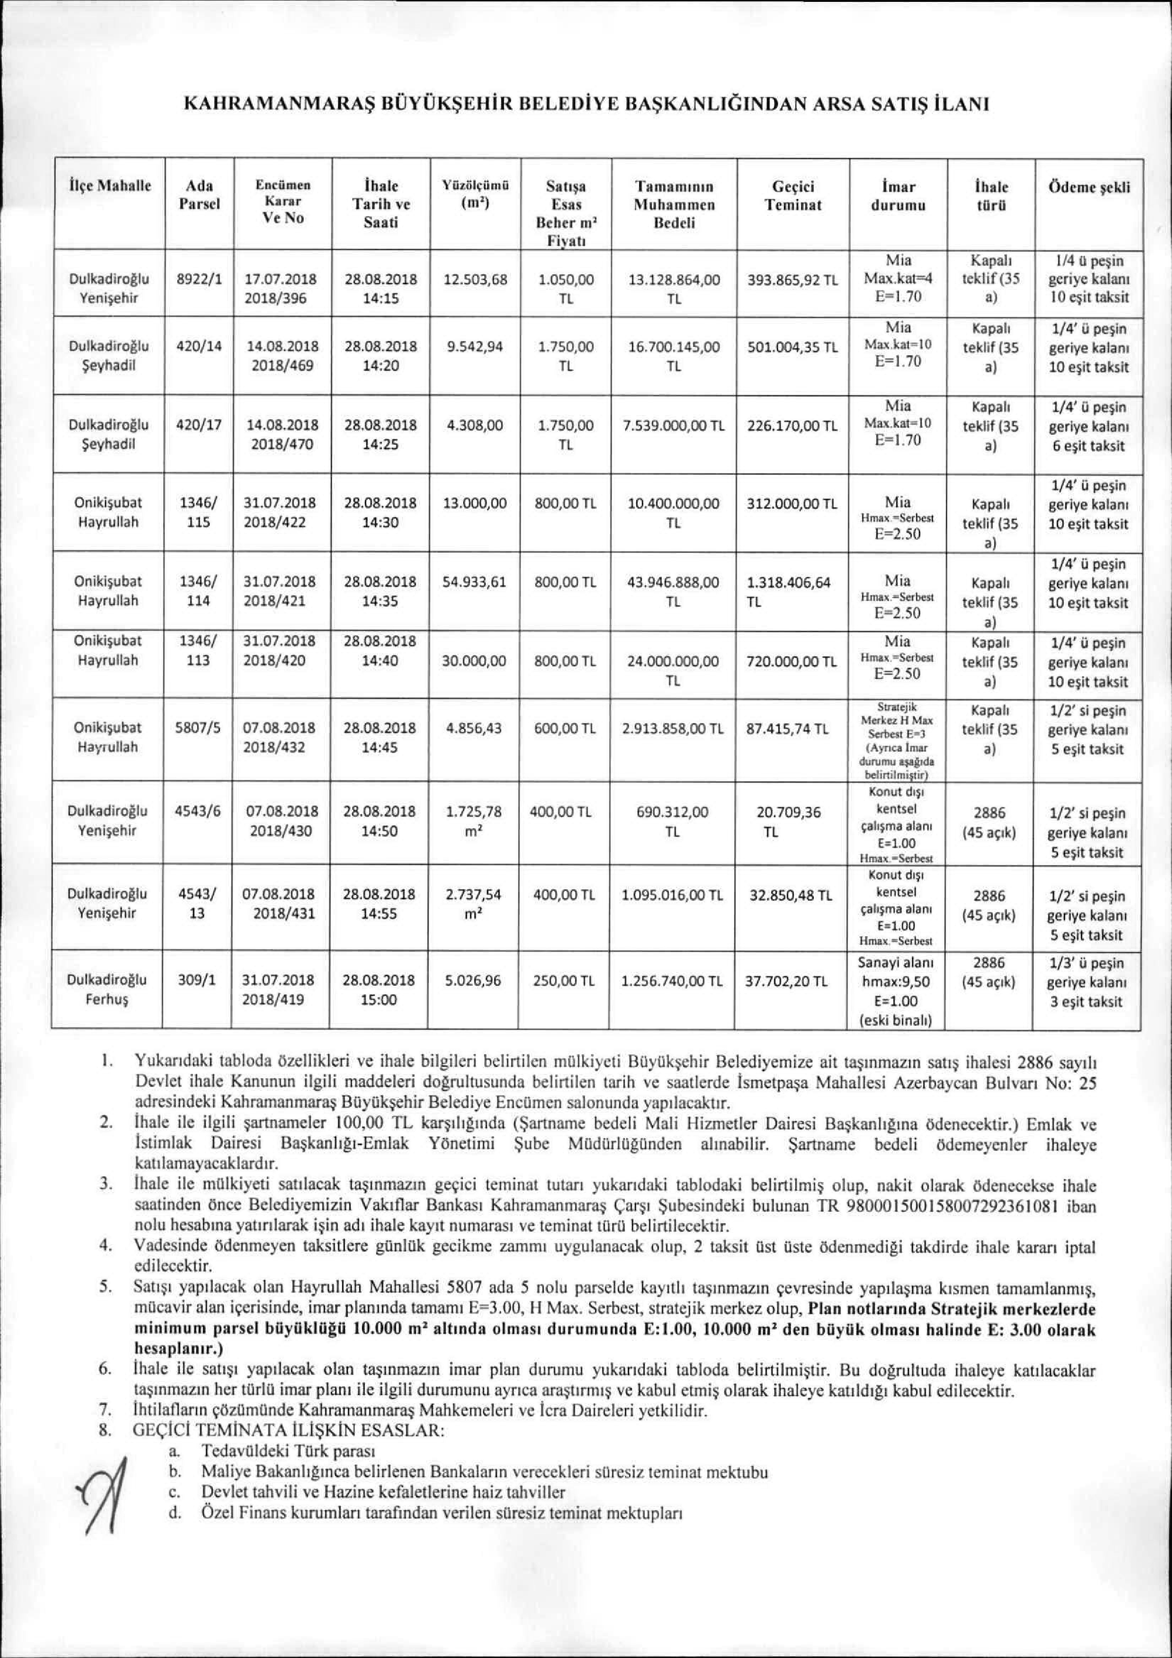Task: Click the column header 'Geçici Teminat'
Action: [x=793, y=196]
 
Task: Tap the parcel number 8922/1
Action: [x=198, y=279]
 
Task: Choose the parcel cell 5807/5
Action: [x=198, y=728]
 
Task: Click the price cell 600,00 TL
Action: [x=565, y=728]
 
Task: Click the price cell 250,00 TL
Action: [x=565, y=980]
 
